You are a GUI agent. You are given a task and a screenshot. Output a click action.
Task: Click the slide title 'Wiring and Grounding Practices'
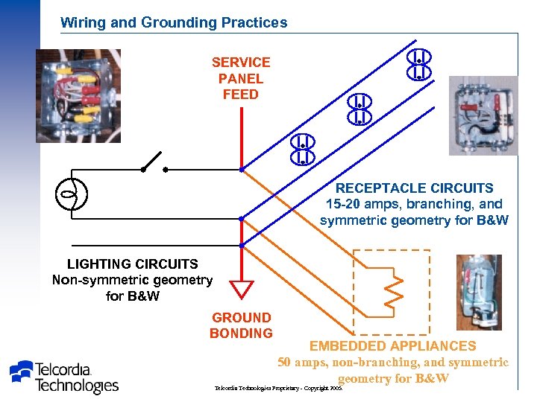pos(174,22)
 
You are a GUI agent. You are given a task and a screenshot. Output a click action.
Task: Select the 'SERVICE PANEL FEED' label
pos(240,78)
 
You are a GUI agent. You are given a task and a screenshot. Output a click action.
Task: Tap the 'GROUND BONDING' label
pos(241,325)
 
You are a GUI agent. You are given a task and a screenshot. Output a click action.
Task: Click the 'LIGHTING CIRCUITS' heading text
pos(133,264)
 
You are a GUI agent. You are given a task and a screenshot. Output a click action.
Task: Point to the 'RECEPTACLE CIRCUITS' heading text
pos(414,188)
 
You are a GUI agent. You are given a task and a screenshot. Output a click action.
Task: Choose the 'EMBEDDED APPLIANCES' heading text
pos(392,345)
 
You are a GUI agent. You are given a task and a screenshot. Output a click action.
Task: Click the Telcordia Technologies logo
pos(64,377)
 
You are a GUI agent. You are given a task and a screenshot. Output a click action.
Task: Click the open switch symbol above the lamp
pos(154,162)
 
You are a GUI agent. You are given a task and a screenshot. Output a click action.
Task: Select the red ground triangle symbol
pos(242,289)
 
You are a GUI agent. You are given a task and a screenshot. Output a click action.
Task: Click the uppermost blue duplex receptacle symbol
pos(419,64)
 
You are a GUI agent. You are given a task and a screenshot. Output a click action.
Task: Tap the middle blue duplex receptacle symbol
pos(359,109)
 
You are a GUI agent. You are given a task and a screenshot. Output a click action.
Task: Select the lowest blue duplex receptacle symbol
pos(302,149)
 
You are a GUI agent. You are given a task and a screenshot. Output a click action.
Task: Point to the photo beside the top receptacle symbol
pos(482,115)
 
